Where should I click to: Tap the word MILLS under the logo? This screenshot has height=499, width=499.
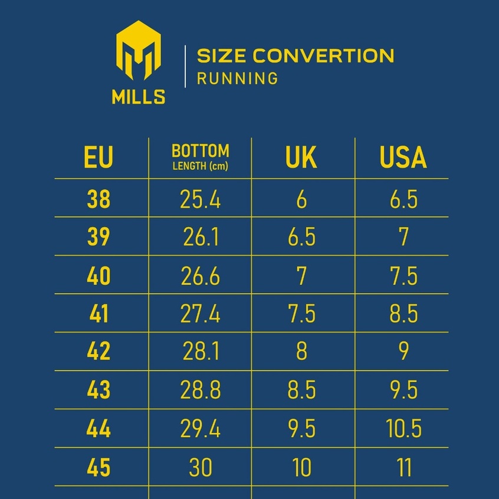[x=139, y=97]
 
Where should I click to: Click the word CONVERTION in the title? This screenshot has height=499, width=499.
[x=323, y=56]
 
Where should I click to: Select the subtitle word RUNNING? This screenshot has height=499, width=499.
[x=237, y=78]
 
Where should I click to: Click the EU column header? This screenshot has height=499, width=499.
[x=99, y=158]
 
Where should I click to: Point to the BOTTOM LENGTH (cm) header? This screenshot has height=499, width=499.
[x=200, y=157]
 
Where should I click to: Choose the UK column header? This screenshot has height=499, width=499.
[x=301, y=158]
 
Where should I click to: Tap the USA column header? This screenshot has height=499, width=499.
[x=403, y=158]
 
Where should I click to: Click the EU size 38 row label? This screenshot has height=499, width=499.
[x=99, y=200]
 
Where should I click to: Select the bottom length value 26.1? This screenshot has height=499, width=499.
[x=201, y=238]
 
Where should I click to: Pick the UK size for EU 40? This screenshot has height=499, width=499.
[x=301, y=276]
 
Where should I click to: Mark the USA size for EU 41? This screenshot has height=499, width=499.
[x=403, y=314]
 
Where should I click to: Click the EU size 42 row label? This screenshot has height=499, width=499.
[x=99, y=352]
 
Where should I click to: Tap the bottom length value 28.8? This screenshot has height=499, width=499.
[x=201, y=390]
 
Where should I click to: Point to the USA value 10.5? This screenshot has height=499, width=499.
[x=404, y=429]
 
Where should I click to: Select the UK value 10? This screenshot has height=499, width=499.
[x=301, y=468]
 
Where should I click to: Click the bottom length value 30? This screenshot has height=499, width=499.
[x=201, y=468]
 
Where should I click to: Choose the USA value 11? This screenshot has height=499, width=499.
[x=404, y=468]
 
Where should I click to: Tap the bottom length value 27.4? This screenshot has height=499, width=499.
[x=201, y=314]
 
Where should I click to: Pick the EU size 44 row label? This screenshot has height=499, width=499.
[x=99, y=429]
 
